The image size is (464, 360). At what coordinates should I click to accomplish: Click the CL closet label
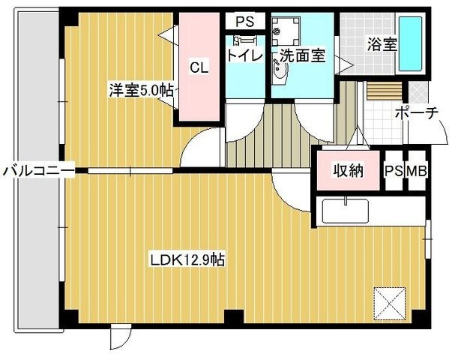199,67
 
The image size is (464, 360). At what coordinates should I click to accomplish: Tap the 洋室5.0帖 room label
141,90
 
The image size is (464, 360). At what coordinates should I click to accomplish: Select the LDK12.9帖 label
187,260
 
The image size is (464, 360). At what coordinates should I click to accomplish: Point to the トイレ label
245,55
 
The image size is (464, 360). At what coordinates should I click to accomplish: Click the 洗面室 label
302,55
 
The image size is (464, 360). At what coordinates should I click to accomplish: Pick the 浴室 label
382,44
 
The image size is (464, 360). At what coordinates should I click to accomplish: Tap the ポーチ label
417,112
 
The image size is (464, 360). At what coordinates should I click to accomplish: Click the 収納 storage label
349,170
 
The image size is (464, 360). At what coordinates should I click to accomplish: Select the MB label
417,171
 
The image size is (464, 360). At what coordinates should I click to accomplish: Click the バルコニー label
38,171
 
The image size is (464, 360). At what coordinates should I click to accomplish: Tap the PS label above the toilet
245,21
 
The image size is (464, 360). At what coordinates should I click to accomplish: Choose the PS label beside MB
394,171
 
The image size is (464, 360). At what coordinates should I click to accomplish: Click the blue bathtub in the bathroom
411,43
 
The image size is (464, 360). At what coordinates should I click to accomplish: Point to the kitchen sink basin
346,211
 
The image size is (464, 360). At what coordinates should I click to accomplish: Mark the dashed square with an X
390,304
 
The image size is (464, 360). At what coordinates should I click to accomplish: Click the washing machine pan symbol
286,31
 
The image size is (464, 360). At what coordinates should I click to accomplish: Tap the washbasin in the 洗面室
280,72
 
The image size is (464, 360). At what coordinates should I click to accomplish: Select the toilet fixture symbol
244,40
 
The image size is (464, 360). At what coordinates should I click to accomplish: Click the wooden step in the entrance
385,91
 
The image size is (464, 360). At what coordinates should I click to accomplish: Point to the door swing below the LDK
120,337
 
